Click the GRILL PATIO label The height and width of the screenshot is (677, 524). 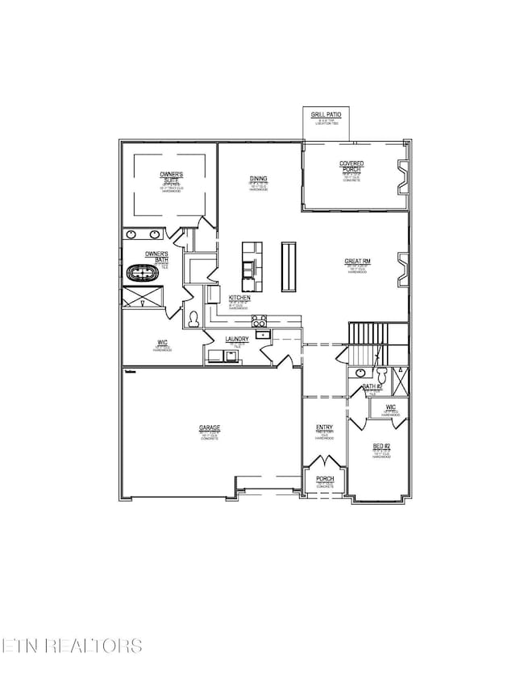point(325,116)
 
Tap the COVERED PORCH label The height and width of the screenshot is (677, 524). point(351,167)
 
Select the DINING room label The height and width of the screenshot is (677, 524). point(259,179)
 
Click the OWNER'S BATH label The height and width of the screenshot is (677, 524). point(156,256)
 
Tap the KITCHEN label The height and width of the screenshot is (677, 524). point(239,298)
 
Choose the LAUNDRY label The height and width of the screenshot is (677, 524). point(236,340)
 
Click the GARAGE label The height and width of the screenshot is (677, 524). point(210,428)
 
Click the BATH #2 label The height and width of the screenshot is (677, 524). point(372,387)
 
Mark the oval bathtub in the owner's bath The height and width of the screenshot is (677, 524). point(143,274)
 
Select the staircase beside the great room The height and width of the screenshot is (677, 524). point(367,341)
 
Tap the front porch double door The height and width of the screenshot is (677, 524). point(325,464)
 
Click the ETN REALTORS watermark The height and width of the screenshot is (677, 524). point(72,646)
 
